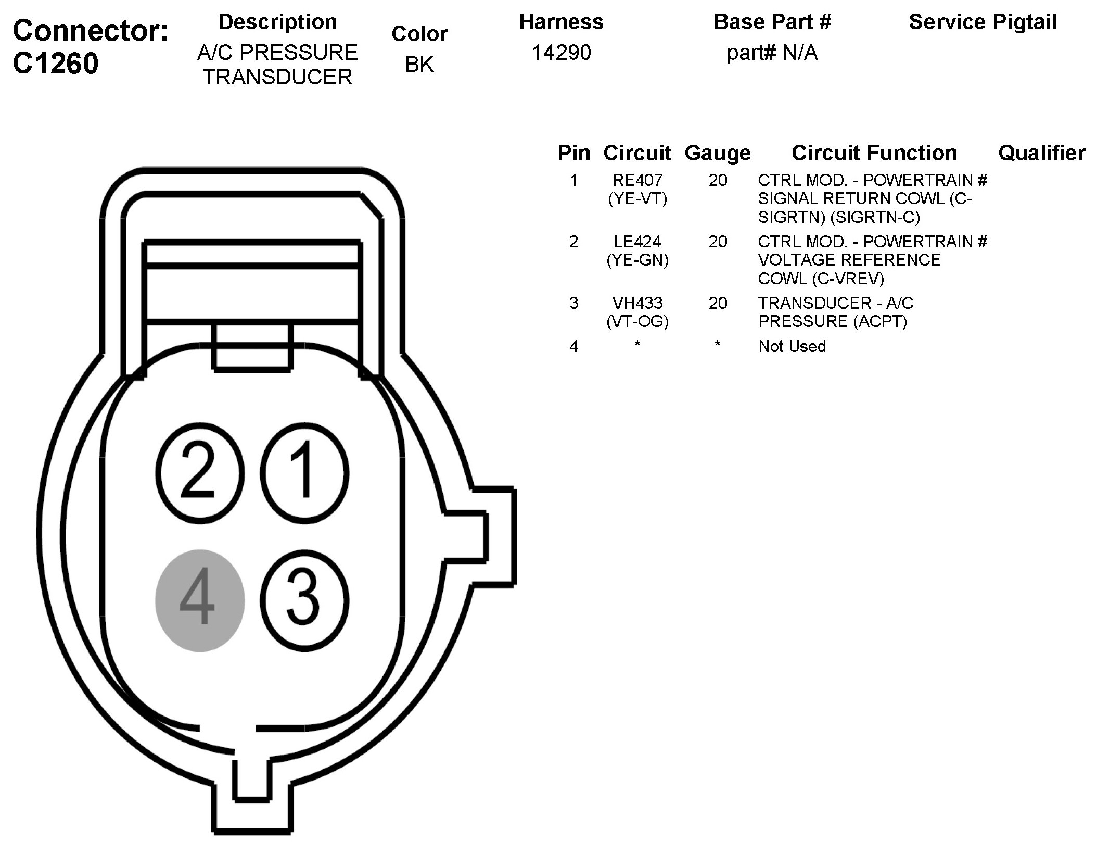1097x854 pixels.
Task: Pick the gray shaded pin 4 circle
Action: click(200, 600)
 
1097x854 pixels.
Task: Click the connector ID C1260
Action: click(56, 64)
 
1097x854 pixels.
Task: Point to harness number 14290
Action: click(561, 53)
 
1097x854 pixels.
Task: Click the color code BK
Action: click(419, 64)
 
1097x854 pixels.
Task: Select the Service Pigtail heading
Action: click(983, 22)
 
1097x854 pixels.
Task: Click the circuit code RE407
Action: click(637, 180)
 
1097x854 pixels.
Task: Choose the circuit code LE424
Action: click(637, 242)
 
